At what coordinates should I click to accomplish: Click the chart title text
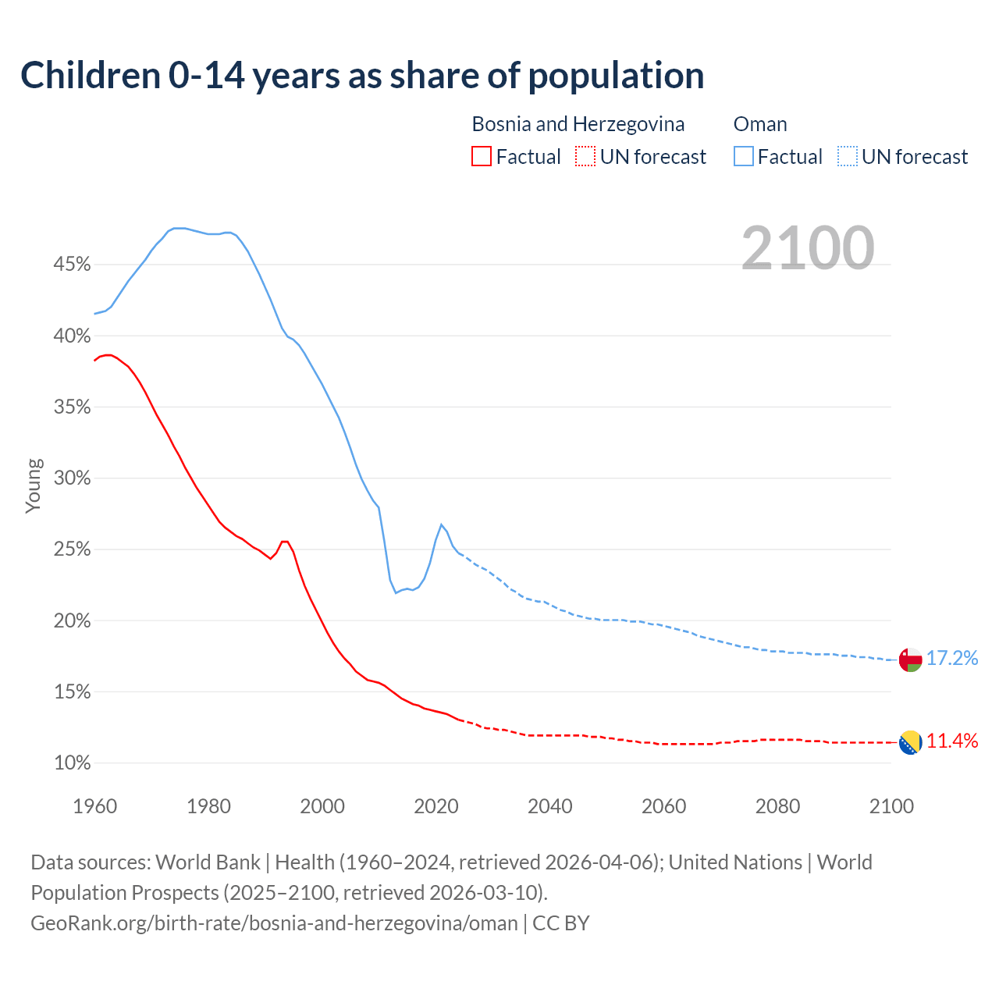pyautogui.click(x=362, y=76)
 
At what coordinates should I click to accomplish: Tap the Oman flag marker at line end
pyautogui.click(x=910, y=659)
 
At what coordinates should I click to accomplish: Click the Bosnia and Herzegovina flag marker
pyautogui.click(x=910, y=742)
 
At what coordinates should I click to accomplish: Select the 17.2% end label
pyautogui.click(x=952, y=658)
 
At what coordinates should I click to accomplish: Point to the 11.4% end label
pyautogui.click(x=952, y=741)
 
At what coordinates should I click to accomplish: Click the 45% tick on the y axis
pyautogui.click(x=72, y=265)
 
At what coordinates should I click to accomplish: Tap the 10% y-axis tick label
pyautogui.click(x=72, y=763)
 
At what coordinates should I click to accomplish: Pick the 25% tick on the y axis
pyautogui.click(x=72, y=549)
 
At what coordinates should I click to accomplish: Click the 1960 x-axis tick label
pyautogui.click(x=94, y=806)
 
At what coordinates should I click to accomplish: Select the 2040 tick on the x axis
pyautogui.click(x=550, y=806)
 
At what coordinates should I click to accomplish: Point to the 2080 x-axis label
pyautogui.click(x=777, y=806)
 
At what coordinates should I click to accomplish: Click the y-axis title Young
pyautogui.click(x=34, y=485)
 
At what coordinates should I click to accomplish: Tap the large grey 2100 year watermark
pyautogui.click(x=807, y=247)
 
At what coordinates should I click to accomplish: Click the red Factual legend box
pyautogui.click(x=482, y=157)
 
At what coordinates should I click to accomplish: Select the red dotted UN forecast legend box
pyautogui.click(x=585, y=157)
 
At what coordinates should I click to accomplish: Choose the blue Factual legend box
pyautogui.click(x=744, y=157)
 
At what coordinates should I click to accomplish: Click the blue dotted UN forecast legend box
pyautogui.click(x=847, y=157)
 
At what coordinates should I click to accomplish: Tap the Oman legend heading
pyautogui.click(x=760, y=124)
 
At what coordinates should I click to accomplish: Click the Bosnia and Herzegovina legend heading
pyautogui.click(x=578, y=124)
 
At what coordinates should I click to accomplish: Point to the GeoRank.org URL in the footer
pyautogui.click(x=274, y=923)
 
